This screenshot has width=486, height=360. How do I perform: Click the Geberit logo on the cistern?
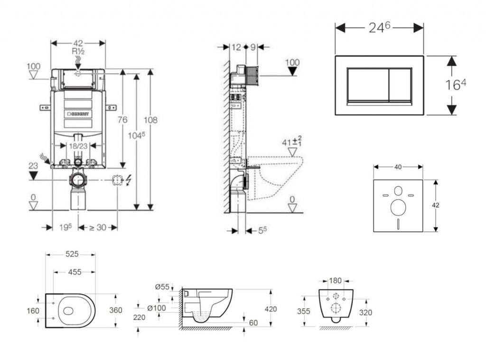pyautogui.click(x=79, y=114)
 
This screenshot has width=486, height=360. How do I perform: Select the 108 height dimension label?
pyautogui.click(x=150, y=120)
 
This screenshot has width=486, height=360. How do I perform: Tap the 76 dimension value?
pyautogui.click(x=122, y=120)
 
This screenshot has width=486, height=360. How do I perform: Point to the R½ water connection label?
pyautogui.click(x=78, y=51)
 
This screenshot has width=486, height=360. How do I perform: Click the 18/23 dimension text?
pyautogui.click(x=78, y=146)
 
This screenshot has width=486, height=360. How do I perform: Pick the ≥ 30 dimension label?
pyautogui.click(x=98, y=227)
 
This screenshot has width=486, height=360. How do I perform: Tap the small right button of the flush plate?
pyautogui.click(x=400, y=85)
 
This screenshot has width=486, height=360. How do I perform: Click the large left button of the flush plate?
pyautogui.click(x=368, y=85)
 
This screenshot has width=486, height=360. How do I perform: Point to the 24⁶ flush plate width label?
pyautogui.click(x=379, y=28)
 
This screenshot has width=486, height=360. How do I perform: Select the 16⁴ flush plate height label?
pyautogui.click(x=456, y=85)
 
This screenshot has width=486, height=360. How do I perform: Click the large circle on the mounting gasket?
pyautogui.click(x=398, y=208)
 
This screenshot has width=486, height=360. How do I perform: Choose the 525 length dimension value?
pyautogui.click(x=72, y=255)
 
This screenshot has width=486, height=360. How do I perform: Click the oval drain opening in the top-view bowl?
pyautogui.click(x=68, y=311)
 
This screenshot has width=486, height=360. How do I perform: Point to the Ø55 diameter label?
pyautogui.click(x=162, y=286)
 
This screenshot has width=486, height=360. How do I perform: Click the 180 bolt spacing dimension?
pyautogui.click(x=336, y=281)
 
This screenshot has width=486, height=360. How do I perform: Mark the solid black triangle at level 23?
pyautogui.click(x=33, y=176)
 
